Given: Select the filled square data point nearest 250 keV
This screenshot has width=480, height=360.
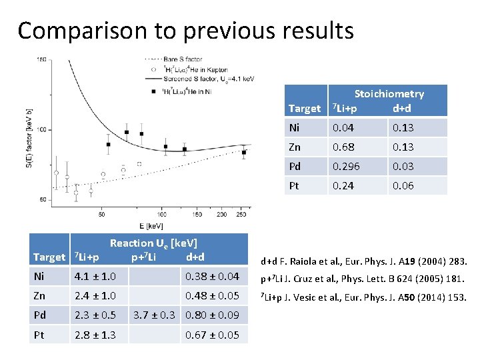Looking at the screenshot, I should coord(244,153).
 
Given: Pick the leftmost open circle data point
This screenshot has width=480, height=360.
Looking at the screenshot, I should coord(56,173).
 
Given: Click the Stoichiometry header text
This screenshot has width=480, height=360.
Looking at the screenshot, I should coord(389,94).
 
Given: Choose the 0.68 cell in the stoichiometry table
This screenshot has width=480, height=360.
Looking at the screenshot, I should coord(343,147).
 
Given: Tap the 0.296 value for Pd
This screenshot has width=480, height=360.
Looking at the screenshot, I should coord(347,166).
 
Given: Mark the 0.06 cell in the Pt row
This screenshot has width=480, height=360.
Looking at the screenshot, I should coord(403,185).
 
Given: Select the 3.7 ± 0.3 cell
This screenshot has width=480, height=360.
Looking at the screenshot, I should coord(155,315).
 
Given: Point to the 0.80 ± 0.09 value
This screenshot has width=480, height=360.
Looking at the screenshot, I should coord(212,315).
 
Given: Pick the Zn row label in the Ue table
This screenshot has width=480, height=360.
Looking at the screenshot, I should coord(39,295).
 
